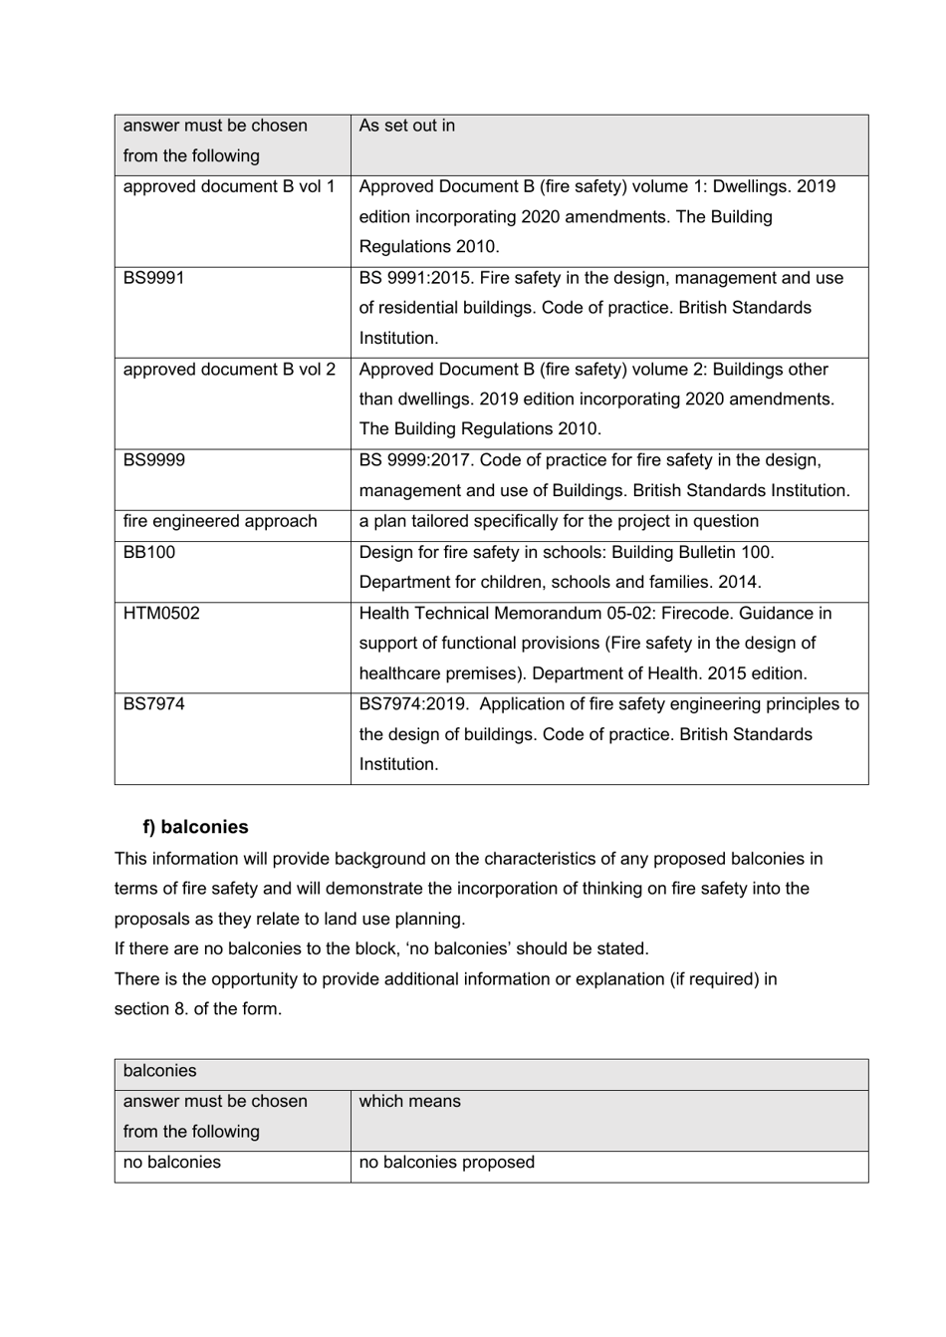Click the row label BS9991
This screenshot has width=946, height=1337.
click(154, 278)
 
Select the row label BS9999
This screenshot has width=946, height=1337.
click(154, 460)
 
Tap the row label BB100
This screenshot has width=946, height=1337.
click(149, 552)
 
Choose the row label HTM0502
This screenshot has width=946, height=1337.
click(161, 614)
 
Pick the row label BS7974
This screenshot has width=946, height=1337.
click(154, 704)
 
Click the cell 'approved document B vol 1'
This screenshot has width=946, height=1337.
click(229, 187)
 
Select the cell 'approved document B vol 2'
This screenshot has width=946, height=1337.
click(229, 370)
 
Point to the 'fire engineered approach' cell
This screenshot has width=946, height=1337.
click(220, 522)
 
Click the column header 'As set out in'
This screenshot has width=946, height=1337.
click(407, 127)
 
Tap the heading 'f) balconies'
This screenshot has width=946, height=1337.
click(195, 827)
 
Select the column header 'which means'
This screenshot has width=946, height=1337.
click(410, 1102)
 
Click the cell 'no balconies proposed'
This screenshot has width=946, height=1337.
click(447, 1163)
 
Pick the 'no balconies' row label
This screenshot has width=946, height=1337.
click(172, 1163)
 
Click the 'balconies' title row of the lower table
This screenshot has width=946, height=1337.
click(160, 1072)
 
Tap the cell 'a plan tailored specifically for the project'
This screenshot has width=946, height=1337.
click(559, 522)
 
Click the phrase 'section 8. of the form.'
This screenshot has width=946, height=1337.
click(198, 1009)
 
